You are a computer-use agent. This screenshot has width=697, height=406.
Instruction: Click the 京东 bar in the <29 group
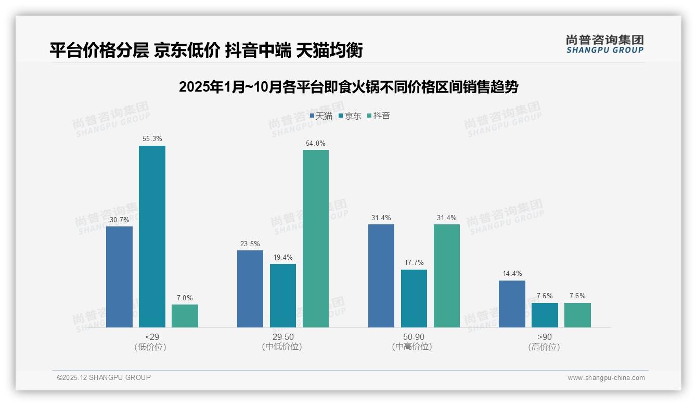(x=152, y=236)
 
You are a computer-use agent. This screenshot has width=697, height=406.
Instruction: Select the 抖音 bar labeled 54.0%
(x=316, y=238)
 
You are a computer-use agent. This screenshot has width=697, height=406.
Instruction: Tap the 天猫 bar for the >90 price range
(x=512, y=304)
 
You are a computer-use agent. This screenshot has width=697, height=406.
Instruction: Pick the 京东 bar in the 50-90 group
(x=414, y=298)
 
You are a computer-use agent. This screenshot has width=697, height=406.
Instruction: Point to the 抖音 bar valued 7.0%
(x=185, y=316)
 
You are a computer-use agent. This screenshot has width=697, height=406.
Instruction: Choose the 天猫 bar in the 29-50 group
(x=250, y=289)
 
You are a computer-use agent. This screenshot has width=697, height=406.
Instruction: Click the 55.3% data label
(x=152, y=139)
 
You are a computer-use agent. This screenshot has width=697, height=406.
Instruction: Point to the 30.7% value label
(x=119, y=220)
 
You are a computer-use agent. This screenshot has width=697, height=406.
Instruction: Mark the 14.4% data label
(x=512, y=274)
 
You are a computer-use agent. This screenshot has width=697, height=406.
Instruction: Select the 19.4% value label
(x=283, y=257)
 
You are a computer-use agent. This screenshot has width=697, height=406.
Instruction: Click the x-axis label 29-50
(x=282, y=337)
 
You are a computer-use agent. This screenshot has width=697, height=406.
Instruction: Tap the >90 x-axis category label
(x=544, y=337)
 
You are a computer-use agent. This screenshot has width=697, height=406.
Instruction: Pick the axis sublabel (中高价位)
(x=414, y=347)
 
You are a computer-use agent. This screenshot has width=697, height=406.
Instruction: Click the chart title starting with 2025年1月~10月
(x=348, y=87)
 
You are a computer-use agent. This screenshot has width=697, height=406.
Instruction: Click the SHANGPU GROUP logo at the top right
(x=604, y=44)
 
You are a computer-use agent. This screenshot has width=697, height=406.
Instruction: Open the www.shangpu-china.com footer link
(x=606, y=378)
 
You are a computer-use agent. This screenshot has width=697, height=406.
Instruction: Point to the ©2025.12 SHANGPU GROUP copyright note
(x=104, y=377)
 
